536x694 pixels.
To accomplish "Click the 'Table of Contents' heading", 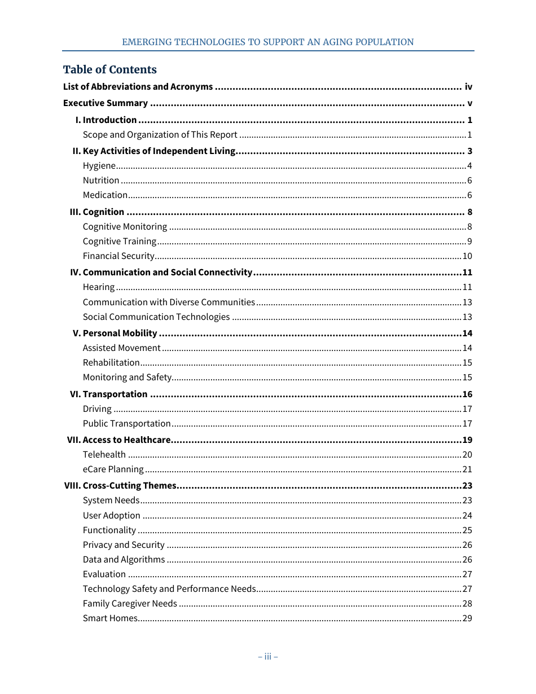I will (109, 69).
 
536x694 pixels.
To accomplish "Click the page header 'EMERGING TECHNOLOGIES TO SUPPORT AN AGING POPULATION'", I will (267, 42).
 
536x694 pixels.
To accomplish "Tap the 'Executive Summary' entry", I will (106, 103).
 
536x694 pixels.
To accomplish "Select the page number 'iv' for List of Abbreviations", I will (468, 87).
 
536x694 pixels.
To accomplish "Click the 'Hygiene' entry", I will (99, 166).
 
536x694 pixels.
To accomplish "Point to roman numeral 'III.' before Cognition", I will (75, 212).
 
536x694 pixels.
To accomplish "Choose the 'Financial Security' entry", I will (118, 256).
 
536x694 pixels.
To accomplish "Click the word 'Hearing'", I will (99, 287).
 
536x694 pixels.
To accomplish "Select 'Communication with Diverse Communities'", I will (169, 302).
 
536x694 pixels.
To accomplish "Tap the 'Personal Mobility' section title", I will (120, 333).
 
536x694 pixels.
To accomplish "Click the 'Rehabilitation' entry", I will (111, 363).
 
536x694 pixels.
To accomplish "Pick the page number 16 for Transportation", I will (467, 394).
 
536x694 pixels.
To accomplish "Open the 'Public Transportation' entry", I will (126, 424).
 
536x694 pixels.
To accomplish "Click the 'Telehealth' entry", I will (104, 455).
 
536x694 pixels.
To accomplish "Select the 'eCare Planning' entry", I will (113, 469).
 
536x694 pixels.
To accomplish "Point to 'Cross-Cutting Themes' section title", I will (129, 486).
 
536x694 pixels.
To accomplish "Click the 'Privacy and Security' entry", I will (124, 545).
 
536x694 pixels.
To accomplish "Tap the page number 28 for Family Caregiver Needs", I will (467, 604).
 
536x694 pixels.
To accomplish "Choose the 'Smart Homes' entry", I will (110, 618).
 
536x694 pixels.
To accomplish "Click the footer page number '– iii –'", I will (267, 657).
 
